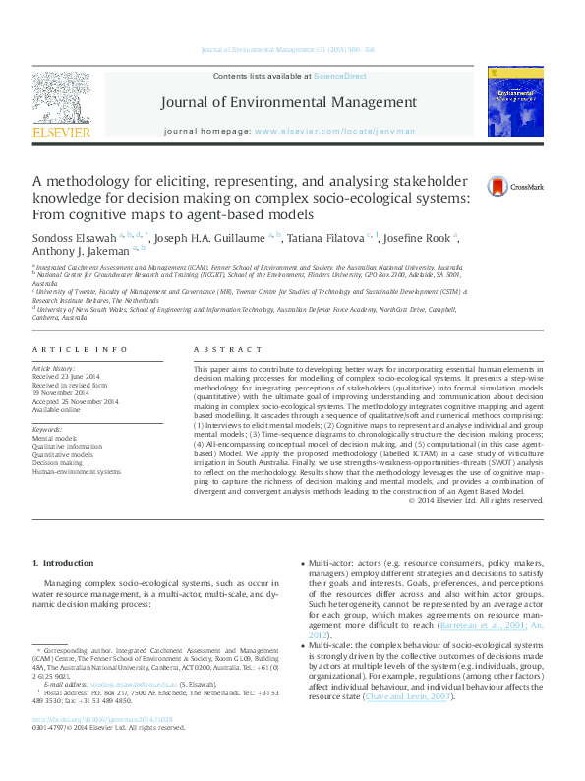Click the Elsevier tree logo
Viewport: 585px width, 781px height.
pos(61,97)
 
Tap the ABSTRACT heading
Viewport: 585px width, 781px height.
pos(215,350)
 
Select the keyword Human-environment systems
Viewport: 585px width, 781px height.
pos(77,472)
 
